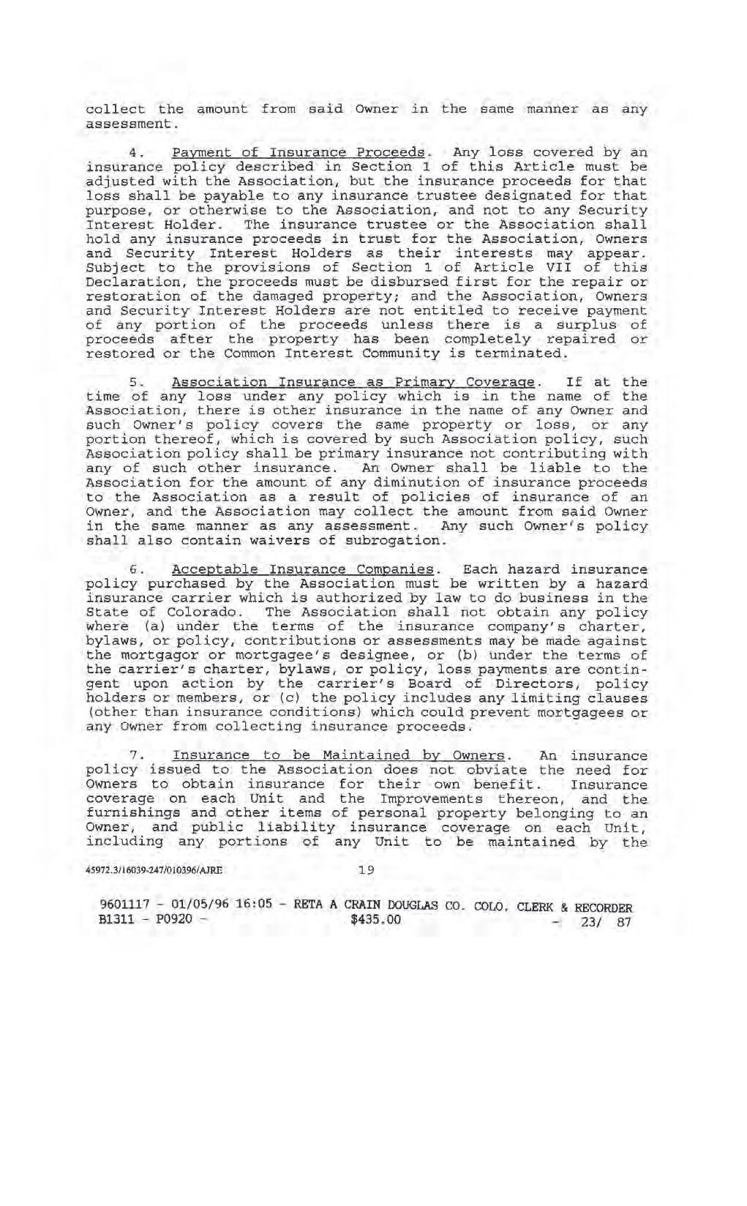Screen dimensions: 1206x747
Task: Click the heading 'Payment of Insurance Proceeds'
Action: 299,153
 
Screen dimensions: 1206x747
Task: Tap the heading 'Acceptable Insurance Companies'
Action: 303,569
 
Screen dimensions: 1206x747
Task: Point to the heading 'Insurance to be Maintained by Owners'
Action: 339,756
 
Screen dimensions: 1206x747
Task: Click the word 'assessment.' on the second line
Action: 132,124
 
